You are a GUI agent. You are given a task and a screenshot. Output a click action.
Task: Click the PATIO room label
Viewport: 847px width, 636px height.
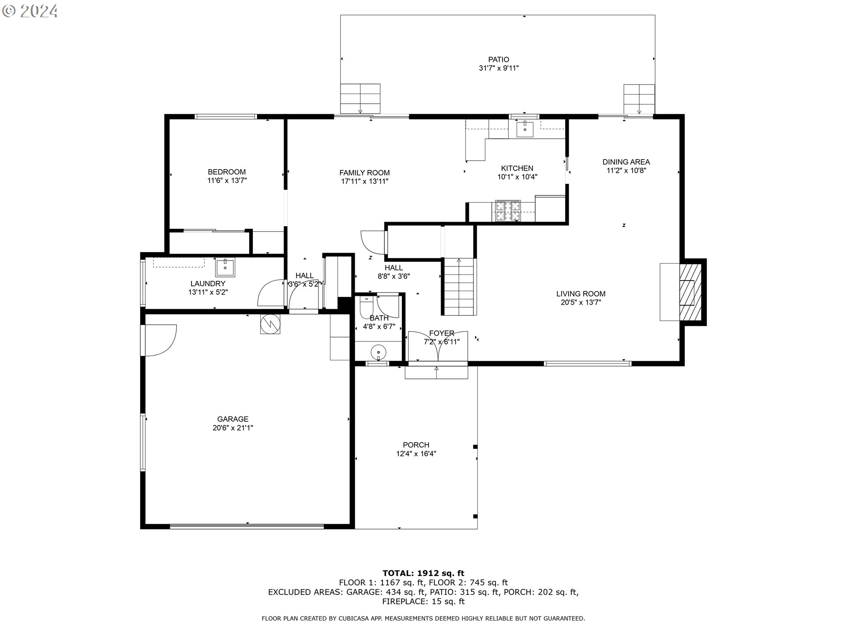pyautogui.click(x=498, y=60)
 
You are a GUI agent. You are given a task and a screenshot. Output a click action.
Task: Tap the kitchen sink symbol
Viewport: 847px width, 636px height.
pyautogui.click(x=525, y=129)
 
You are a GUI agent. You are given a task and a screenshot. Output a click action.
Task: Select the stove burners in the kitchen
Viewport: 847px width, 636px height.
pyautogui.click(x=508, y=211)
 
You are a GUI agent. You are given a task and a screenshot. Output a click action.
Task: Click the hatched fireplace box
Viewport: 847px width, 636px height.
pyautogui.click(x=690, y=292)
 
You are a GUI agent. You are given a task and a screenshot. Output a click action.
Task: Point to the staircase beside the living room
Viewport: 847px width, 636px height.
pyautogui.click(x=459, y=287)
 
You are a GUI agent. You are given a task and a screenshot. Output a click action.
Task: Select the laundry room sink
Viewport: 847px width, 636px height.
pyautogui.click(x=225, y=267)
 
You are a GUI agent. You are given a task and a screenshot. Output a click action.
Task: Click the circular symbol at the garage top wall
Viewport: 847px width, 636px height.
pyautogui.click(x=270, y=324)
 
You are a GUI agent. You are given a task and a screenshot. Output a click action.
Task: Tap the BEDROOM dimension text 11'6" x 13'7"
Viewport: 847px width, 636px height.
pyautogui.click(x=227, y=181)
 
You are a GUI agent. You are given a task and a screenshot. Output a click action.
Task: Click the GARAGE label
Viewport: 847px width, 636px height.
pyautogui.click(x=233, y=419)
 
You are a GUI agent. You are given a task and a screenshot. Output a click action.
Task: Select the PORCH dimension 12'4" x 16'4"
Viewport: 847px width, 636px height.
pyautogui.click(x=416, y=454)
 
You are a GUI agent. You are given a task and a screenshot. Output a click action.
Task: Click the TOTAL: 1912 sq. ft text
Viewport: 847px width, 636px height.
pyautogui.click(x=423, y=573)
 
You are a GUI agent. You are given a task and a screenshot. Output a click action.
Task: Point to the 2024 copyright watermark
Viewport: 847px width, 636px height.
pyautogui.click(x=30, y=11)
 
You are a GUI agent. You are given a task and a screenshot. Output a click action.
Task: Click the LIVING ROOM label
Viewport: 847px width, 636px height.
pyautogui.click(x=581, y=294)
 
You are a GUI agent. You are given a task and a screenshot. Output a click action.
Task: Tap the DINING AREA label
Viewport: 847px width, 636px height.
pyautogui.click(x=626, y=162)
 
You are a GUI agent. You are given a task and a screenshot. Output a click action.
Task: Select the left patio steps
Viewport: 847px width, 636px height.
pyautogui.click(x=360, y=98)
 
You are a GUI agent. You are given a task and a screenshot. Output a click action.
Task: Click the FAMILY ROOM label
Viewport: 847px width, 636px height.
pyautogui.click(x=364, y=173)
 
